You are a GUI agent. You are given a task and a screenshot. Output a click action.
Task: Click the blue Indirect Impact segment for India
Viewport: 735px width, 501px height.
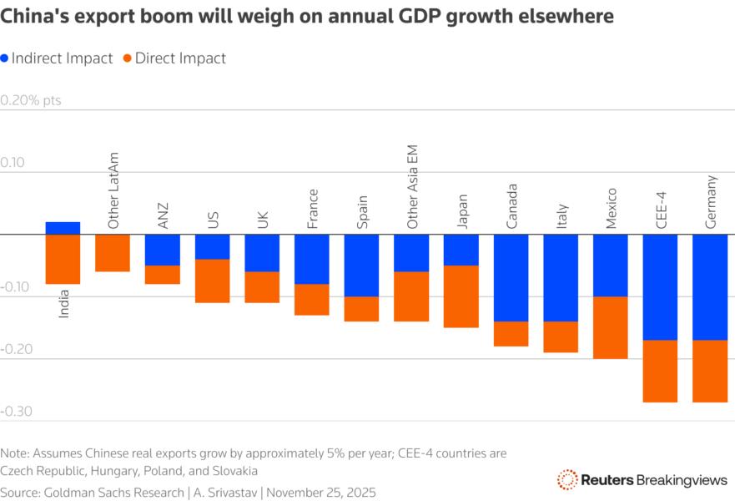pyautogui.click(x=63, y=228)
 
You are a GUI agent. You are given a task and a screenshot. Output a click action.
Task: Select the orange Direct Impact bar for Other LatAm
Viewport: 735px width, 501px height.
pyautogui.click(x=113, y=253)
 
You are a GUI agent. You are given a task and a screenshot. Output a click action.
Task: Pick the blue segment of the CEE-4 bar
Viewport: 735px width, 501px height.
pyautogui.click(x=660, y=287)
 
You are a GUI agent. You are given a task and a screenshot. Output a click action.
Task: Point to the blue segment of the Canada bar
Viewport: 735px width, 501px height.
pyautogui.click(x=511, y=278)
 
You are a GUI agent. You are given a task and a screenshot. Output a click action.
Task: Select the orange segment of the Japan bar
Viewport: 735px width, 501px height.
pyautogui.click(x=461, y=296)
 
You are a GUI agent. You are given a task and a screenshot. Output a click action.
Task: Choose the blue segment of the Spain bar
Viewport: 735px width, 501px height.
pyautogui.click(x=361, y=266)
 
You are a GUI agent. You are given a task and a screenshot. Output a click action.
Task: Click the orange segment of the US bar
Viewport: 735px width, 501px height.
pyautogui.click(x=213, y=281)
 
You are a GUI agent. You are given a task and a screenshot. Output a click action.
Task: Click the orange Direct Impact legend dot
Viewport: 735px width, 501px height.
pyautogui.click(x=127, y=58)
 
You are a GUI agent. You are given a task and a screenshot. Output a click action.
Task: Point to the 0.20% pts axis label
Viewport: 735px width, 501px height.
pyautogui.click(x=31, y=101)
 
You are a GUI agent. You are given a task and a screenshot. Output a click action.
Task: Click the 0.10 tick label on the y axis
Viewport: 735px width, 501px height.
pyautogui.click(x=14, y=164)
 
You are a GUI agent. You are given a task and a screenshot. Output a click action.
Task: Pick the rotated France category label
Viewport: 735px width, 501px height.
pyautogui.click(x=312, y=209)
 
